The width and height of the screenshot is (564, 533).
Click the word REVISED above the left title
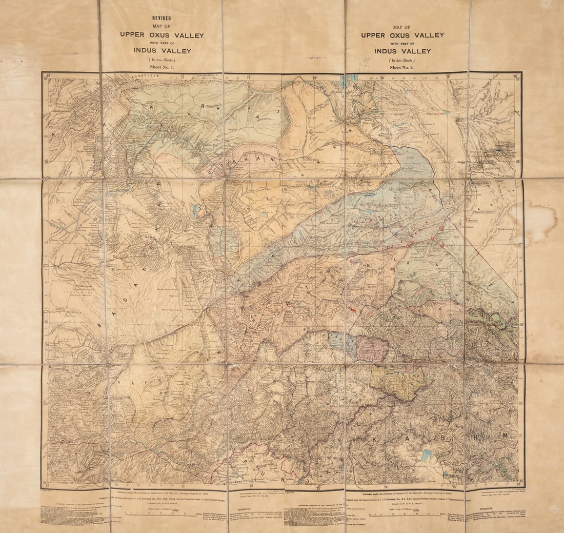pos(162,18)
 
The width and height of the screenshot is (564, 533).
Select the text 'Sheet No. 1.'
pos(162,68)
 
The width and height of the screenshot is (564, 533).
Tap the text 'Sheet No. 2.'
pos(402,68)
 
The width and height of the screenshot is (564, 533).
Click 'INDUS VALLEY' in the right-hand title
pos(402,51)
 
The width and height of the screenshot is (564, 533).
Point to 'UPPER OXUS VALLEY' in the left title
pos(162,35)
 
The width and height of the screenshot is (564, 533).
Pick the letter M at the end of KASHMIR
pos(505,436)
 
